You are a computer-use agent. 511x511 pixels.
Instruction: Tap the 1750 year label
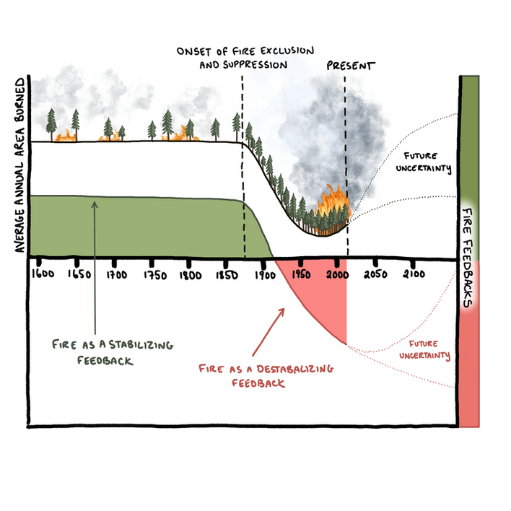pyautogui.click(x=154, y=275)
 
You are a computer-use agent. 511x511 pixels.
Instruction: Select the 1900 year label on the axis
pyautogui.click(x=265, y=275)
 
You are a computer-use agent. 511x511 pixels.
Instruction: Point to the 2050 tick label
pyautogui.click(x=376, y=275)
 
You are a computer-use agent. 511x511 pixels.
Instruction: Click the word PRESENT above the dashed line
pyautogui.click(x=351, y=66)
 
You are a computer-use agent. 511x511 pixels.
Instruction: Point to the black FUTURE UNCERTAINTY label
pyautogui.click(x=427, y=162)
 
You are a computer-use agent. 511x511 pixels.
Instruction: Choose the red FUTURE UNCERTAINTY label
pyautogui.click(x=427, y=350)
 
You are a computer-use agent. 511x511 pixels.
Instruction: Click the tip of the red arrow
pyautogui.click(x=284, y=308)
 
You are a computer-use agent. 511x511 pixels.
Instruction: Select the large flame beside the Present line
pyautogui.click(x=333, y=204)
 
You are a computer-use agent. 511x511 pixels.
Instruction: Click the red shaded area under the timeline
pyautogui.click(x=325, y=296)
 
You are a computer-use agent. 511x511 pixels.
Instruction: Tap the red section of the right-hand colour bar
pyautogui.click(x=469, y=368)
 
